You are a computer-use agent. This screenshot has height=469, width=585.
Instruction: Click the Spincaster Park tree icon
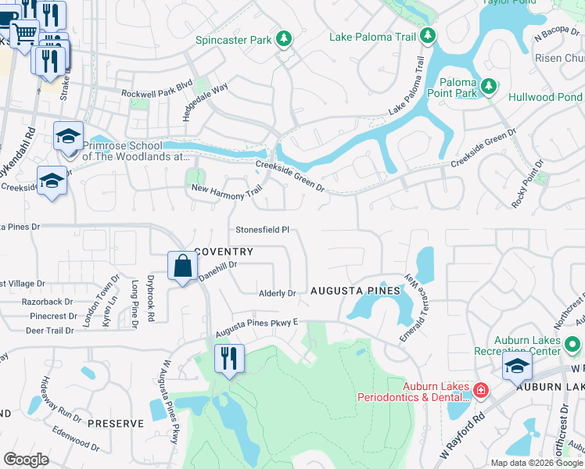point(284,39)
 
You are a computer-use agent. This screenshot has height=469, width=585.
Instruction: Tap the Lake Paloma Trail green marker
point(427,35)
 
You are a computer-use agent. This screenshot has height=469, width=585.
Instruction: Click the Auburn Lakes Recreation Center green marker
point(572,344)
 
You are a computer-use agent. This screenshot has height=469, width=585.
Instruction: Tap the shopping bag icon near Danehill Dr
point(181,266)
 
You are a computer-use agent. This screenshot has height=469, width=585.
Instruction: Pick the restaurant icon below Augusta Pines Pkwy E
point(229,359)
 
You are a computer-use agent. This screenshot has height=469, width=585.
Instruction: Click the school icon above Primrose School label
point(68,136)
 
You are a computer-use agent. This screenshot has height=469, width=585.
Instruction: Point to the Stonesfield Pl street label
point(263,230)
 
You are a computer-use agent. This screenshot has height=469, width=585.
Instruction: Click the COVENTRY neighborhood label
point(224,252)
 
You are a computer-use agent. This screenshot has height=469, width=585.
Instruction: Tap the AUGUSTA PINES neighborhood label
point(355,290)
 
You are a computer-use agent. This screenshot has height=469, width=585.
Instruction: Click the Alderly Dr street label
point(278,294)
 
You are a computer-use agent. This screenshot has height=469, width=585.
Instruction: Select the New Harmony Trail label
point(226,189)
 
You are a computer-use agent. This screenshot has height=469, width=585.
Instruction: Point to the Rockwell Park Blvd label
point(156,93)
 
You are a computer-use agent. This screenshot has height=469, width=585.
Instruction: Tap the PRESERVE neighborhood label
point(116,423)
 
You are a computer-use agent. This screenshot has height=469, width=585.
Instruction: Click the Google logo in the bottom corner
point(26,460)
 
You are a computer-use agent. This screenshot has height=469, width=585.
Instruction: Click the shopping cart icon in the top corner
point(24,33)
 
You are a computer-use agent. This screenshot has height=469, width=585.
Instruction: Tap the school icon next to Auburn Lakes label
point(517,366)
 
